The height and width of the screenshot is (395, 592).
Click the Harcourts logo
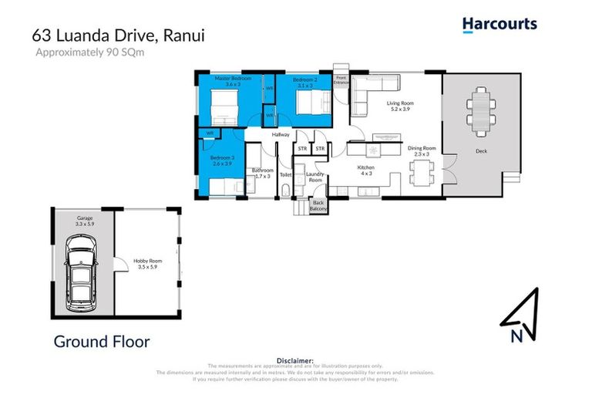point(499,24)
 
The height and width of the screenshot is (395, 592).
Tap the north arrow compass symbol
point(520,316)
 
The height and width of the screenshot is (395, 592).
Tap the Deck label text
point(481,151)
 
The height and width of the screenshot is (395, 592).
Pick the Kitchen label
point(365,170)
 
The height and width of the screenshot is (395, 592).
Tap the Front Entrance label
point(341,79)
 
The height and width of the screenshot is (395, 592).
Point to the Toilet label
point(285,175)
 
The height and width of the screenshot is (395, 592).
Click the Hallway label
point(280,135)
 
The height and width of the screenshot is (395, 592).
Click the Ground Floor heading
point(101,341)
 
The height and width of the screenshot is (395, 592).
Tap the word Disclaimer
point(295,360)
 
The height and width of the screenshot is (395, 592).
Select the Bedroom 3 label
point(221,160)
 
